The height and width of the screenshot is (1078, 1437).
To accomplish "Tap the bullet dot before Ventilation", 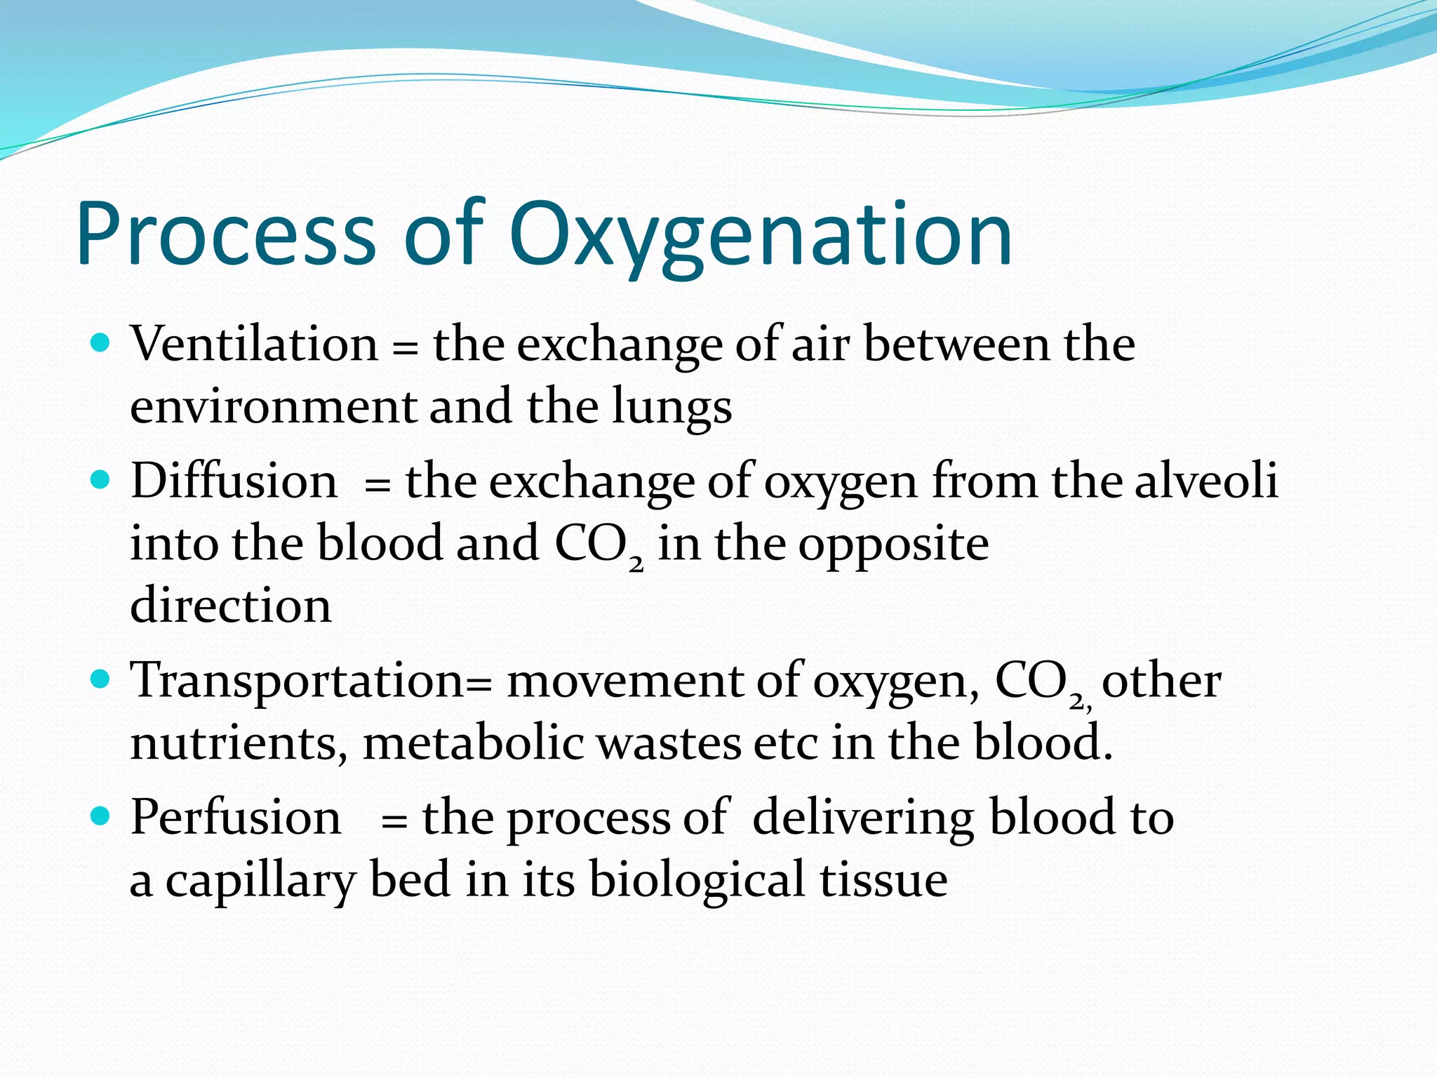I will pos(102,343).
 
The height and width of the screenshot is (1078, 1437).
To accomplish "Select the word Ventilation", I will pos(255,345).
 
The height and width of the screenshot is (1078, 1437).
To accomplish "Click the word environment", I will pos(274,407).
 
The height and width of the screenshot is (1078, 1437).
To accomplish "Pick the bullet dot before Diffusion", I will pos(102,480).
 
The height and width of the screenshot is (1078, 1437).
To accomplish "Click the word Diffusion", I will pos(234,481).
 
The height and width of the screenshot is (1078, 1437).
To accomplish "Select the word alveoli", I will pos(1206,481).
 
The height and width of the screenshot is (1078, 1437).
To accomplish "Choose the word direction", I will pos(231,605).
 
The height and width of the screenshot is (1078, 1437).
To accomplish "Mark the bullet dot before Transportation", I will pos(102,679).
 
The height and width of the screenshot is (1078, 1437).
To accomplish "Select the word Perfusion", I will pos(236,818).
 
